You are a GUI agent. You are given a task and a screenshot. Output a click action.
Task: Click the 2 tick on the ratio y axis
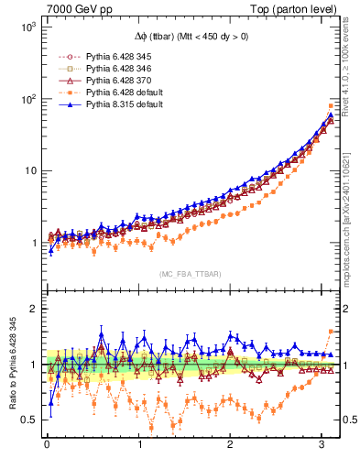(33, 309)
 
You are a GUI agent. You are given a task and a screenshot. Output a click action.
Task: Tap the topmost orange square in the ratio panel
(331, 332)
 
